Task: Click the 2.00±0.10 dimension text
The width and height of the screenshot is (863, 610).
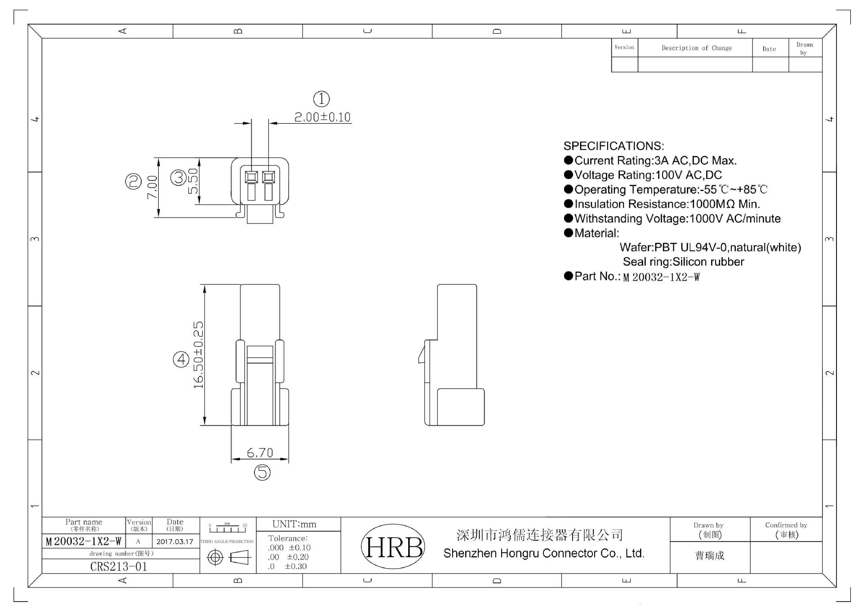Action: click(322, 117)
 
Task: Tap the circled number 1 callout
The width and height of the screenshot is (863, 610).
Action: click(321, 99)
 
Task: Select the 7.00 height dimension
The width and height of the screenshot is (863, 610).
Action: click(152, 187)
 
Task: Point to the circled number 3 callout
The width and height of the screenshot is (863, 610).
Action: click(178, 178)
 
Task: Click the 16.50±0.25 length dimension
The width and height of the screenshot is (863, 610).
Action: click(198, 355)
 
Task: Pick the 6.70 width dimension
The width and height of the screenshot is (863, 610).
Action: click(260, 452)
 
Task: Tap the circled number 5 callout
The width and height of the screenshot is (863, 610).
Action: click(262, 472)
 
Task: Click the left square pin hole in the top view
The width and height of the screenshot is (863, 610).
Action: click(251, 177)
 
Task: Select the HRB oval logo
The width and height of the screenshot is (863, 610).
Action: click(393, 547)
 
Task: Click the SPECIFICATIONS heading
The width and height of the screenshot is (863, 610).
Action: click(614, 146)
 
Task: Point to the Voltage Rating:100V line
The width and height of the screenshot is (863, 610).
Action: click(648, 175)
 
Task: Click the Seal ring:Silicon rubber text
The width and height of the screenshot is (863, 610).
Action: click(683, 262)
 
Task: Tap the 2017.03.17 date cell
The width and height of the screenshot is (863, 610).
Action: click(175, 542)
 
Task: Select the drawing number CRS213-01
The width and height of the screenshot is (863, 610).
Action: click(119, 566)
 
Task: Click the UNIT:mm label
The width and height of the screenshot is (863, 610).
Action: click(294, 524)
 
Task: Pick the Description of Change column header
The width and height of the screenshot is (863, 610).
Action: click(696, 48)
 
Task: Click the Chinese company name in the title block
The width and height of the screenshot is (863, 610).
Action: click(539, 535)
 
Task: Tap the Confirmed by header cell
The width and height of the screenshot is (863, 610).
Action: click(786, 529)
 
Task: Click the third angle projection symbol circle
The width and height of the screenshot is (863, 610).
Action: click(215, 558)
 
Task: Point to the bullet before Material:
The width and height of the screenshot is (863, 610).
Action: click(568, 233)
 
